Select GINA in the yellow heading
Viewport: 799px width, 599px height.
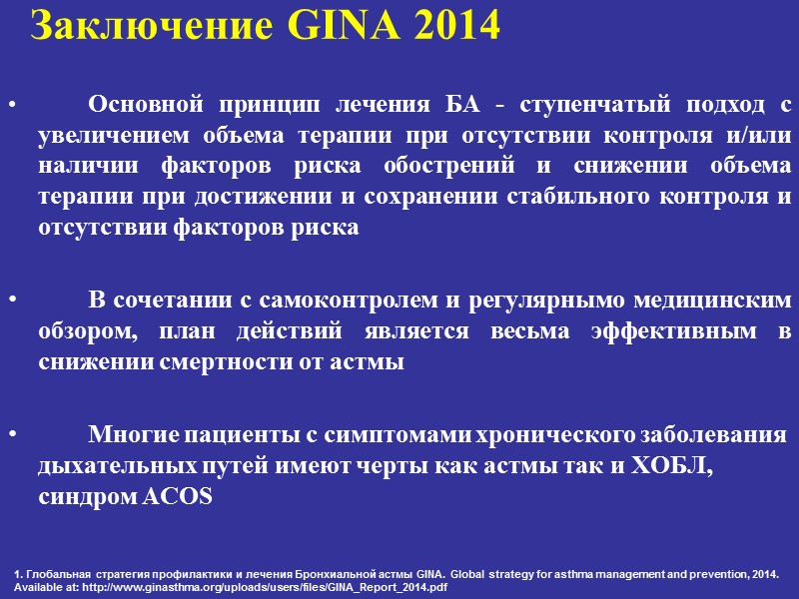pos(326,28)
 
